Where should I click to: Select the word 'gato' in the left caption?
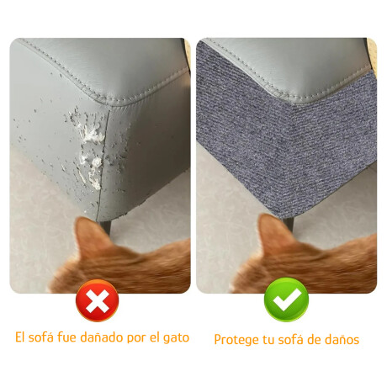pos(175,338)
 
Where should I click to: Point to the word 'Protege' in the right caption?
pos(235,340)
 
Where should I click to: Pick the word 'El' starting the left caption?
pos(20,337)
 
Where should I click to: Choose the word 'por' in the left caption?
pos(137,338)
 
